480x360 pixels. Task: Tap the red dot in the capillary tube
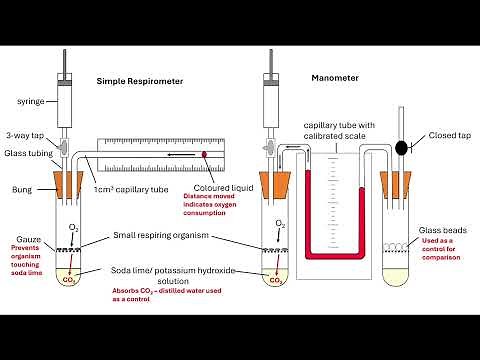click(x=205, y=154)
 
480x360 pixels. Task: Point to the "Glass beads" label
click(x=441, y=229)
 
